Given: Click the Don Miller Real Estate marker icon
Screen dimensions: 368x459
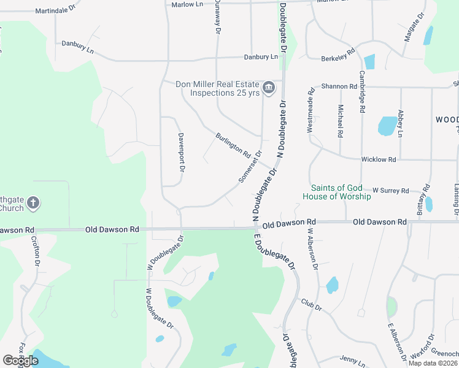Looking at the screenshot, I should [269, 89].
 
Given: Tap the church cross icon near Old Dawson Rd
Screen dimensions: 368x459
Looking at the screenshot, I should [34, 202].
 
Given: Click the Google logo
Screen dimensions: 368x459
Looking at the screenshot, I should [20, 361].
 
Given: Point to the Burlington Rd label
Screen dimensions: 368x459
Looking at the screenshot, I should [233, 145].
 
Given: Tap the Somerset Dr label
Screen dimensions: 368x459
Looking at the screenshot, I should [250, 167].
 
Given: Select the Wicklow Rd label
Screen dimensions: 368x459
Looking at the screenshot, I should [379, 159].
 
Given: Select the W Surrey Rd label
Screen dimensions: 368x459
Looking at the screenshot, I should [391, 191].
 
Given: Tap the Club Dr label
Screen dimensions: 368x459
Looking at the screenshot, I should [311, 304].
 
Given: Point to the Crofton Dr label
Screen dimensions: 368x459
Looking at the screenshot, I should [36, 255].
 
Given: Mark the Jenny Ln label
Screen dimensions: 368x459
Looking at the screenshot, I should [352, 358].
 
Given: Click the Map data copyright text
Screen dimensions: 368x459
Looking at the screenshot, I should [433, 363].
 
